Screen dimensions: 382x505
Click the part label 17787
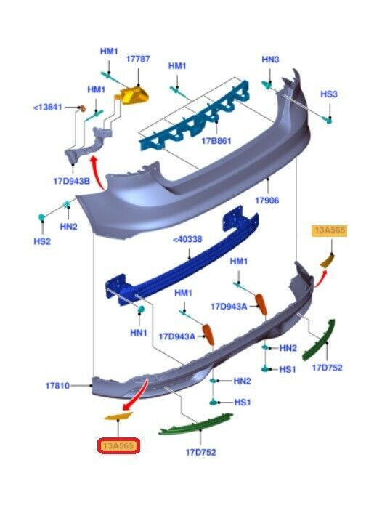(138, 59)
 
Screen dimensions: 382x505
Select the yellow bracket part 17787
(132, 95)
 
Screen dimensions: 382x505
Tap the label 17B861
(216, 141)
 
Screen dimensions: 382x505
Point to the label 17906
(267, 201)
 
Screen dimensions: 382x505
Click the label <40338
(187, 239)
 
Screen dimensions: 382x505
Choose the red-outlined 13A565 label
(119, 445)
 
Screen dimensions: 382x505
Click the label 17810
(57, 386)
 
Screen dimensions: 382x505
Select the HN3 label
(270, 60)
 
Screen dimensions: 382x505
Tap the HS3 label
(329, 94)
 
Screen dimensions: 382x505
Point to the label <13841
(48, 107)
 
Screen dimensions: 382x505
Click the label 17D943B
(71, 181)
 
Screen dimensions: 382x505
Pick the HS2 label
(42, 241)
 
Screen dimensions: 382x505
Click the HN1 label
(139, 333)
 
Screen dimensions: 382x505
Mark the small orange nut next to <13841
(82, 108)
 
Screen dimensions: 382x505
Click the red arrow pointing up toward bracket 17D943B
(97, 173)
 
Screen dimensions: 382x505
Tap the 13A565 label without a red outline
(330, 230)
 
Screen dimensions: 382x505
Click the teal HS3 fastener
(328, 121)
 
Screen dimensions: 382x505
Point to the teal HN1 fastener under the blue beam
(141, 310)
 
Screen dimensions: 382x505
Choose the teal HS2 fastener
(42, 217)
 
